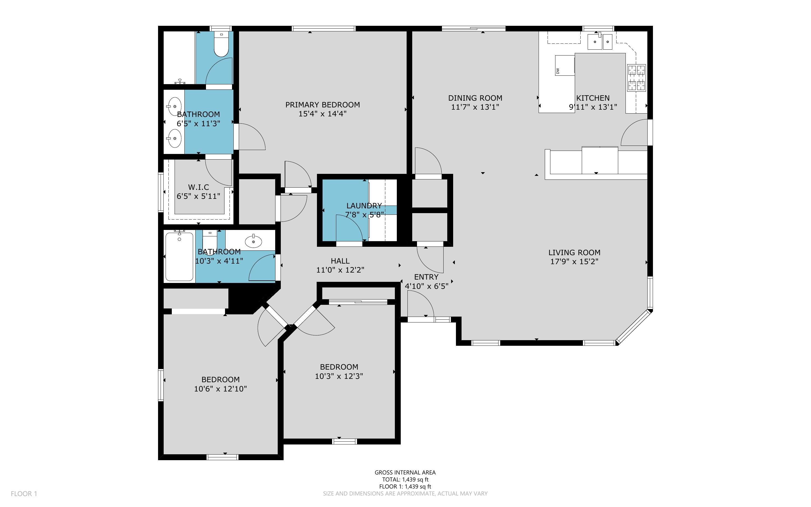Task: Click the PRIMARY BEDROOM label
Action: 323,105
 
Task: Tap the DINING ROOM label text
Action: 475,98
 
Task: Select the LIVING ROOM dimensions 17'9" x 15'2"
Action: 574,262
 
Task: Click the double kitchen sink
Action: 600,42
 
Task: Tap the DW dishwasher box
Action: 565,65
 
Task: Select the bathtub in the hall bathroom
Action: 179,257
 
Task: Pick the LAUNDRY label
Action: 364,206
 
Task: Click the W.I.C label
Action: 198,187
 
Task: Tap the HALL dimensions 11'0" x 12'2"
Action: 340,270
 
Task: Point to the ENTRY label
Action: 426,277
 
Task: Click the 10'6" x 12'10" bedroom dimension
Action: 221,389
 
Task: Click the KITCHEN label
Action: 593,98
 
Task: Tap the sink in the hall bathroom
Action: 254,241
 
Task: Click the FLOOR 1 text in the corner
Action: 24,494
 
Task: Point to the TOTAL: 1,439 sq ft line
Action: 405,480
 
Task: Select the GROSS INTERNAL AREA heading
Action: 405,473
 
